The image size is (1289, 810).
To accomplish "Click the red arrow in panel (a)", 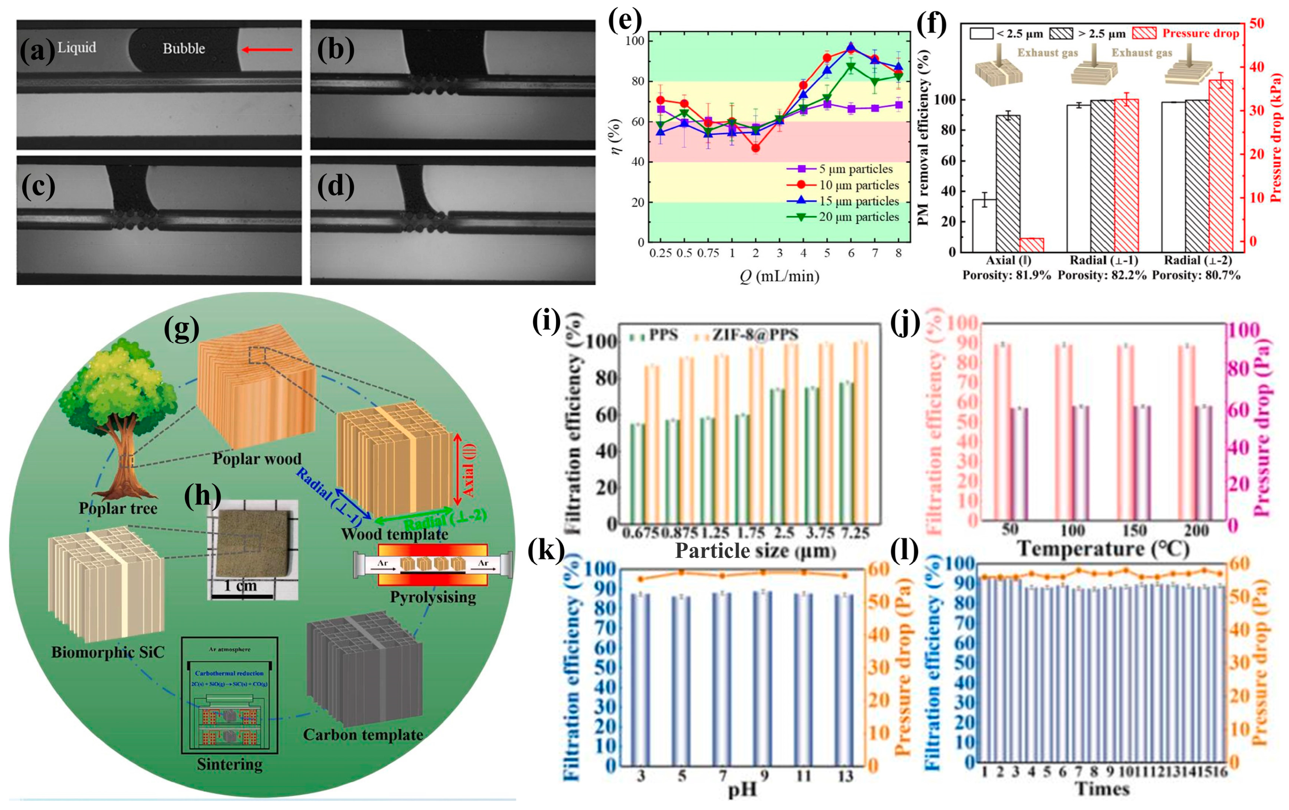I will [x=266, y=50].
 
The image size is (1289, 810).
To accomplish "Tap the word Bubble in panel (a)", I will [x=184, y=49].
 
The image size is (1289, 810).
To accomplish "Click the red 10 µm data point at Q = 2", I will [x=755, y=148].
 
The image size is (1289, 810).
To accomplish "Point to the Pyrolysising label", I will [x=433, y=597].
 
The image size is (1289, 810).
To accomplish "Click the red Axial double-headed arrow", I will [x=457, y=469].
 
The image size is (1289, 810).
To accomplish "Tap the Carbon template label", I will [x=363, y=735].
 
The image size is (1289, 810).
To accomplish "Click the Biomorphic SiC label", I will [x=108, y=652].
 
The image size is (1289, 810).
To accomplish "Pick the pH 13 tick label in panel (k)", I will [x=845, y=776].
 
